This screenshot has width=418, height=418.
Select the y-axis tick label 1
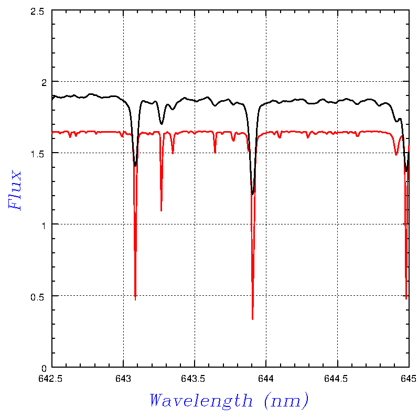pyautogui.click(x=44, y=226)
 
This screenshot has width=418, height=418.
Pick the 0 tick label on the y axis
pyautogui.click(x=44, y=369)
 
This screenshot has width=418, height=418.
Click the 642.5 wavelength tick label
pyautogui.click(x=50, y=378)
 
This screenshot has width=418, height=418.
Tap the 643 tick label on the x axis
pyautogui.click(x=123, y=378)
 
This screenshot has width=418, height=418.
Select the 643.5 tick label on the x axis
pyautogui.click(x=193, y=378)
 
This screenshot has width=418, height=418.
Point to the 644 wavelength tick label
pyautogui.click(x=266, y=378)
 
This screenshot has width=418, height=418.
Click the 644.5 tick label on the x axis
pyautogui.click(x=336, y=378)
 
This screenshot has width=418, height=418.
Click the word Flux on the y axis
pyautogui.click(x=15, y=190)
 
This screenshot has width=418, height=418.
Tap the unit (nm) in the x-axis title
pyautogui.click(x=286, y=401)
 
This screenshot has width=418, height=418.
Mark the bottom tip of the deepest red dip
pyautogui.click(x=252, y=319)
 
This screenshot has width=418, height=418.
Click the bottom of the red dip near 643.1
pyautogui.click(x=135, y=300)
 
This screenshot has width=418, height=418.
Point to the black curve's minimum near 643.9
pyautogui.click(x=252, y=194)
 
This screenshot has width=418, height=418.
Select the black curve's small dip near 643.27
pyautogui.click(x=162, y=124)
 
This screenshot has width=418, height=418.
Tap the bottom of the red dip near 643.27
pyautogui.click(x=162, y=211)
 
